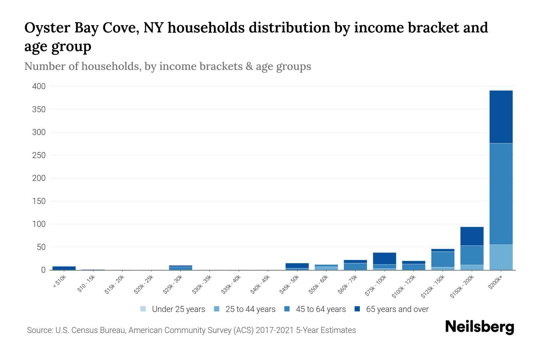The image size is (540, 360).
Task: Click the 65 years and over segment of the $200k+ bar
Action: click(501, 117)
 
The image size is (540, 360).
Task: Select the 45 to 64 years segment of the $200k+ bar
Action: click(501, 194)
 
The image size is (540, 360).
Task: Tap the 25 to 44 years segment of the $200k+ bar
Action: click(501, 257)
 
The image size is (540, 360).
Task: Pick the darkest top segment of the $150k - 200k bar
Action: click(472, 236)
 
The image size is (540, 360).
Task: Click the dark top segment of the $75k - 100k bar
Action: click(384, 258)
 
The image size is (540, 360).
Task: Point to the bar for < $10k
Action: click(64, 268)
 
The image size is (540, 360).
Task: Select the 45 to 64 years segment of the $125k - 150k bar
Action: click(442, 259)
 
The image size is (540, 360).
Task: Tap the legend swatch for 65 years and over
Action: click(357, 309)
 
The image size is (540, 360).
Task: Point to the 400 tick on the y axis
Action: click(39, 86)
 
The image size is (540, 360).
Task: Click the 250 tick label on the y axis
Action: click(39, 155)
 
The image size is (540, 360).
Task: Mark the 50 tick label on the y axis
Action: click(41, 247)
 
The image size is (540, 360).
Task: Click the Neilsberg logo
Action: click(479, 327)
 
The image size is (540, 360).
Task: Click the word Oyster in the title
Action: click(46, 28)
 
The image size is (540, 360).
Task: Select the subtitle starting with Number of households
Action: click(167, 66)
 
